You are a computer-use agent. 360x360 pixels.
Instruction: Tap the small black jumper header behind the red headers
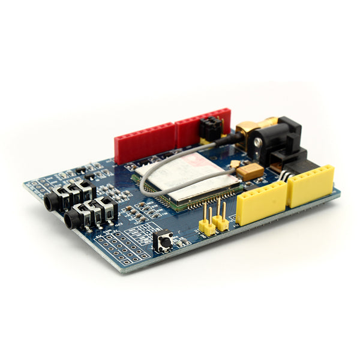tap(211, 129)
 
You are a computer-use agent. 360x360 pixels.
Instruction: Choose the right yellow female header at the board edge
tap(310, 185)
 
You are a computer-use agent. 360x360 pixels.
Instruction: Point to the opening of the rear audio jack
tap(47, 203)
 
